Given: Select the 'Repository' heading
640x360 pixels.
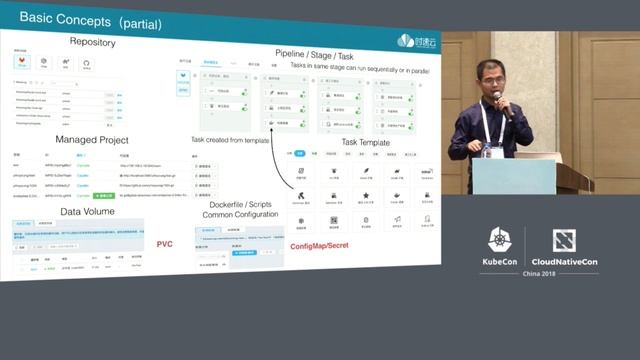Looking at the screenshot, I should coord(92,42).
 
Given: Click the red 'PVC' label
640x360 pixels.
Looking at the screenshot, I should coord(165,244).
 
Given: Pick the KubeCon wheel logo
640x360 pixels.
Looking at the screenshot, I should coord(500,241).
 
